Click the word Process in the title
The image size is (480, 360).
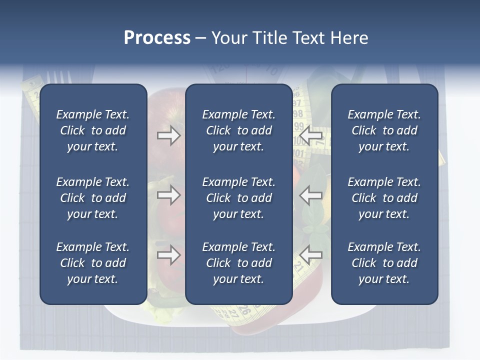(x=157, y=38)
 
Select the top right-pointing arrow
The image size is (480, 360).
(x=168, y=135)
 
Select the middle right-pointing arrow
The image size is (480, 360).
(x=168, y=195)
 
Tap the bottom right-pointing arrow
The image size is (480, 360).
(x=168, y=255)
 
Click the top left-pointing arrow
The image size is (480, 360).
(x=311, y=135)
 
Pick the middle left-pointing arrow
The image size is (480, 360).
(x=311, y=195)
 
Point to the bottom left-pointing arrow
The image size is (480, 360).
(x=311, y=255)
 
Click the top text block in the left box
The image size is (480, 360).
(x=93, y=130)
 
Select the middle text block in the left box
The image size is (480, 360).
(x=93, y=198)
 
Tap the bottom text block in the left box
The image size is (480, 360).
(x=93, y=263)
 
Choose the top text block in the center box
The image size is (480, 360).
(x=239, y=130)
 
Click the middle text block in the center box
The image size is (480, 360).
(x=239, y=198)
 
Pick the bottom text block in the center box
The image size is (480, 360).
(x=239, y=263)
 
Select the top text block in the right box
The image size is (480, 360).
(x=384, y=130)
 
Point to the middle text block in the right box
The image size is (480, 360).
(x=384, y=198)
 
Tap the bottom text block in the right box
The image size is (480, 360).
(x=384, y=263)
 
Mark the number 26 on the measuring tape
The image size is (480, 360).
(x=244, y=309)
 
